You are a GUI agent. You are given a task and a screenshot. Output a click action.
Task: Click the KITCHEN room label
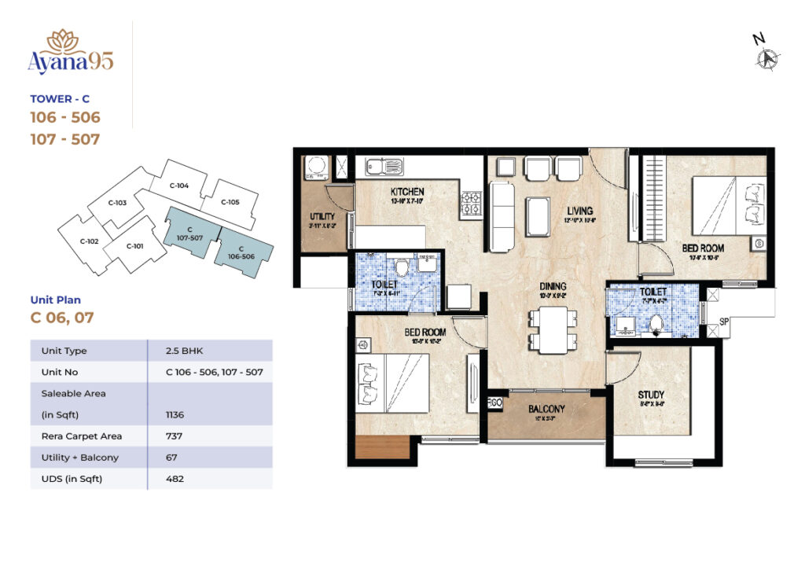pos(406,192)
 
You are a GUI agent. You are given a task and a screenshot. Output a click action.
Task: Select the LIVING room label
pos(580,211)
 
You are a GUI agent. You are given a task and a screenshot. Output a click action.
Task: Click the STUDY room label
pos(651,394)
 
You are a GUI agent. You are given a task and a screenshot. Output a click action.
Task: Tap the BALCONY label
pos(546,409)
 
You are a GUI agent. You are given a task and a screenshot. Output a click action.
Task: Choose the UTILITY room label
pos(322,216)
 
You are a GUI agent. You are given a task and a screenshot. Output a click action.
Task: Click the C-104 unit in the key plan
pos(179,186)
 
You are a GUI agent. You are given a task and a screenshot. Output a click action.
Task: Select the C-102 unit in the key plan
pos(89,241)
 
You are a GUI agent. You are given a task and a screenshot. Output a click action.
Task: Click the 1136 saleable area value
pos(175,414)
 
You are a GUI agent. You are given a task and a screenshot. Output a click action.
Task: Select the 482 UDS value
pos(175,478)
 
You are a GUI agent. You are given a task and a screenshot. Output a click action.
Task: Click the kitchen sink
pos(383,167)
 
